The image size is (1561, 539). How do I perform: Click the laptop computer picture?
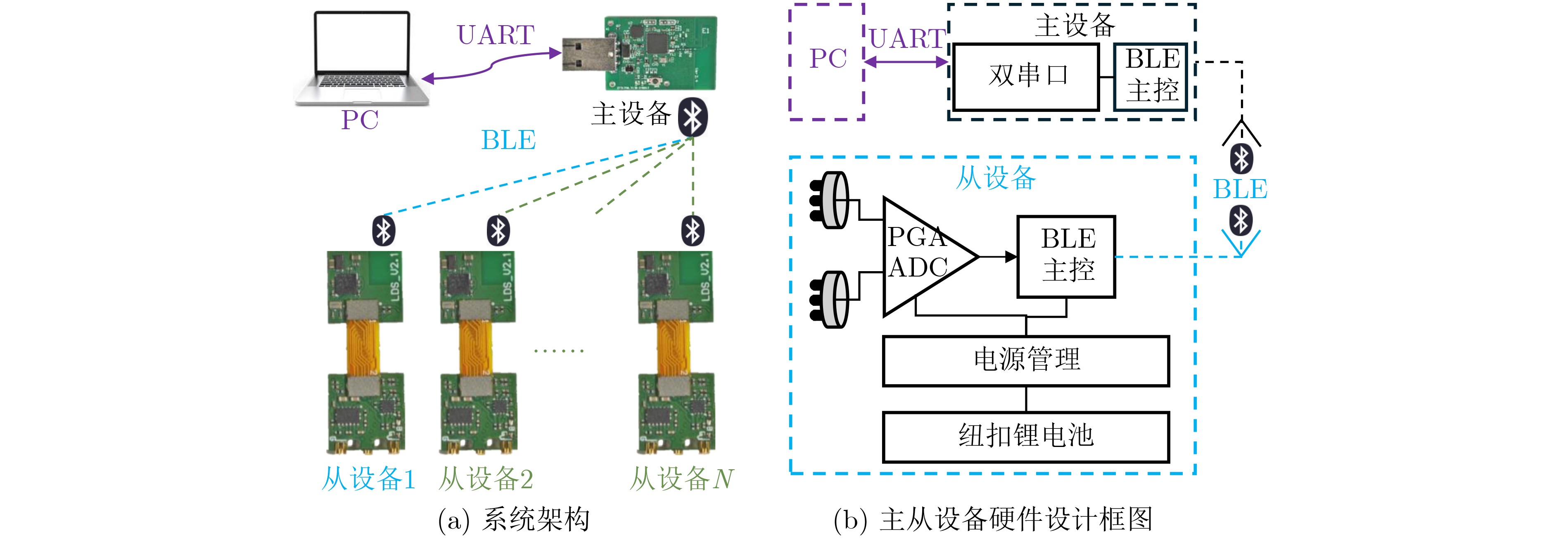coord(362,57)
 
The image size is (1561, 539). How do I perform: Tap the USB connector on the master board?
coord(585,54)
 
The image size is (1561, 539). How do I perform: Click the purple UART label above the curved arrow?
coord(495,35)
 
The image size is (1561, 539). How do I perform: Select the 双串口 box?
coord(1026,76)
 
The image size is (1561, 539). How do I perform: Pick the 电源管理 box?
coord(1025,361)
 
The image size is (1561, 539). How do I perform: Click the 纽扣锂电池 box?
coord(1025,437)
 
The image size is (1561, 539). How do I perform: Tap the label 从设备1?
coord(368,478)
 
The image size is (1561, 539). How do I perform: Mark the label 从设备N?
coord(682,478)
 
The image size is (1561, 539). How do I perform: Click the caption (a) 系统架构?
coord(514,520)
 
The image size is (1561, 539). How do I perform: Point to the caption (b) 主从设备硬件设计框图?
coord(993,520)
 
